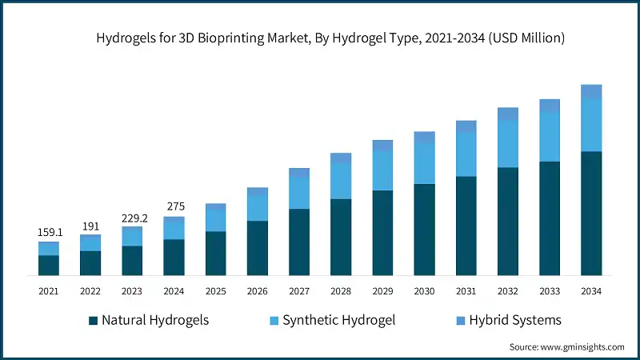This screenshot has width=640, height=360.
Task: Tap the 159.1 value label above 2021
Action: tap(49, 232)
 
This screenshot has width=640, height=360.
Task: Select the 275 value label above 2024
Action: tap(174, 207)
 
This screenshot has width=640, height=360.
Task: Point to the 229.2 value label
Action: tap(132, 217)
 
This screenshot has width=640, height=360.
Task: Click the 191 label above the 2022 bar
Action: tap(90, 226)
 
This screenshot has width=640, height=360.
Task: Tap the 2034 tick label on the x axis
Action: tap(591, 291)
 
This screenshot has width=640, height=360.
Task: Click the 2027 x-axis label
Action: tap(299, 291)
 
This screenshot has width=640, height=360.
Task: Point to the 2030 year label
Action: tap(424, 291)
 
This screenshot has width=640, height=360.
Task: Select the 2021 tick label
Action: tap(49, 291)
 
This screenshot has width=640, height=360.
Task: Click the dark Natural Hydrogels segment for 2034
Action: tap(591, 214)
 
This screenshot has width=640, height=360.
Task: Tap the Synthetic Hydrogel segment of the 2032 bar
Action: tap(508, 144)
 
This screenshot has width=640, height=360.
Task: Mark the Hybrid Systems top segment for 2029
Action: tap(382, 146)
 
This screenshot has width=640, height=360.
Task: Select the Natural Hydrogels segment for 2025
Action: tap(216, 254)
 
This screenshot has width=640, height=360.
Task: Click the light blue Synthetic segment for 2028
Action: tap(341, 181)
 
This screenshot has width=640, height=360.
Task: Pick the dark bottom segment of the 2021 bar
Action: tap(49, 266)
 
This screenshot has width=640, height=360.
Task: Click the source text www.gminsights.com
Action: tap(566, 347)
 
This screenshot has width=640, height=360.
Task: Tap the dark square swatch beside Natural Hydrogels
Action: tap(94, 320)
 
